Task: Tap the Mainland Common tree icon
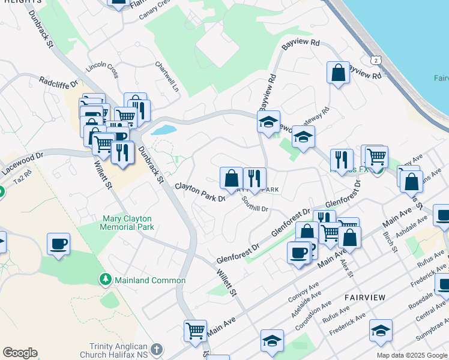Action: pyautogui.click(x=106, y=280)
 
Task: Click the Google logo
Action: pyautogui.click(x=20, y=353)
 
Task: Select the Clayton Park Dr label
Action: pyautogui.click(x=200, y=192)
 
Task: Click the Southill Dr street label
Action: pyautogui.click(x=255, y=205)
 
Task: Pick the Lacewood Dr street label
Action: pyautogui.click(x=23, y=163)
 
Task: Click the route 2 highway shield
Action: pyautogui.click(x=376, y=61)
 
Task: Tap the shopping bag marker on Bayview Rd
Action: pyautogui.click(x=339, y=73)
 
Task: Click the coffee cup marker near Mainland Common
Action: pyautogui.click(x=58, y=244)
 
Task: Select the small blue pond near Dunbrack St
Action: pyautogui.click(x=164, y=130)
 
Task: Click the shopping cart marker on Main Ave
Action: pyautogui.click(x=196, y=331)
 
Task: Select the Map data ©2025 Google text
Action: pyautogui.click(x=411, y=355)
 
